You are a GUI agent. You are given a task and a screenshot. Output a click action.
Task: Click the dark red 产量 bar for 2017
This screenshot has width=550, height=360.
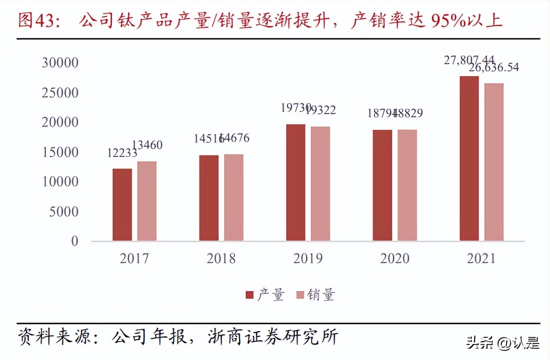pyautogui.click(x=122, y=205)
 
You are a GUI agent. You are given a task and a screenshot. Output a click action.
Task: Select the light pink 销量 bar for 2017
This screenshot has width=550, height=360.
pyautogui.click(x=147, y=201)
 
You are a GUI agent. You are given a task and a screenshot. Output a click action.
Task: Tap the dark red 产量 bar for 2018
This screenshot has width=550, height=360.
pyautogui.click(x=209, y=198)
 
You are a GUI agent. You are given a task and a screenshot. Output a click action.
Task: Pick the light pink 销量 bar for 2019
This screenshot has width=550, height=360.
pyautogui.click(x=320, y=184)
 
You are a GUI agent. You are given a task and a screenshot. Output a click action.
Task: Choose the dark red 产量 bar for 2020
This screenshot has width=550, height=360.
pyautogui.click(x=382, y=185)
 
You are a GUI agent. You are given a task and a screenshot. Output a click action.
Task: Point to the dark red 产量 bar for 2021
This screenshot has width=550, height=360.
pyautogui.click(x=469, y=158)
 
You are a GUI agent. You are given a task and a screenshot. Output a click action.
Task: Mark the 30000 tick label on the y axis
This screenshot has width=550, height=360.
pyautogui.click(x=60, y=63)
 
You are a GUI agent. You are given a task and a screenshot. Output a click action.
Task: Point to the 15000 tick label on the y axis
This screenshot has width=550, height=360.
pyautogui.click(x=60, y=152)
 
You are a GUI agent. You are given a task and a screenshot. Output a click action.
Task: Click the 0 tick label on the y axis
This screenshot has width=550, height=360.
pyautogui.click(x=74, y=241)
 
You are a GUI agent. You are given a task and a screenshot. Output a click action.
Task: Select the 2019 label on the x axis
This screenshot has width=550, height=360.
pyautogui.click(x=308, y=259)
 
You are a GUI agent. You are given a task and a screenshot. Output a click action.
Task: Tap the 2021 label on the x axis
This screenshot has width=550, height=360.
pyautogui.click(x=481, y=259)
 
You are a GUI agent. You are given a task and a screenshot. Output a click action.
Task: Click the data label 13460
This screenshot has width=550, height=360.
pyautogui.click(x=147, y=145)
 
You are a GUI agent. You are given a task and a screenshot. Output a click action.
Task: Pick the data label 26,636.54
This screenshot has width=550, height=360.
pyautogui.click(x=494, y=68)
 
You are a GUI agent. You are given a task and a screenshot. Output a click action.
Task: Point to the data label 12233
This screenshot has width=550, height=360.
pyautogui.click(x=122, y=153)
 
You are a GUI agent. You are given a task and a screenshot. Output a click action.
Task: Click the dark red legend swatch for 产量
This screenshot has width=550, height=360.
pyautogui.click(x=250, y=295)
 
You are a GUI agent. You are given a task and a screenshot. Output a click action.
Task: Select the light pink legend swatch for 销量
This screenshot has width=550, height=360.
pyautogui.click(x=300, y=295)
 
